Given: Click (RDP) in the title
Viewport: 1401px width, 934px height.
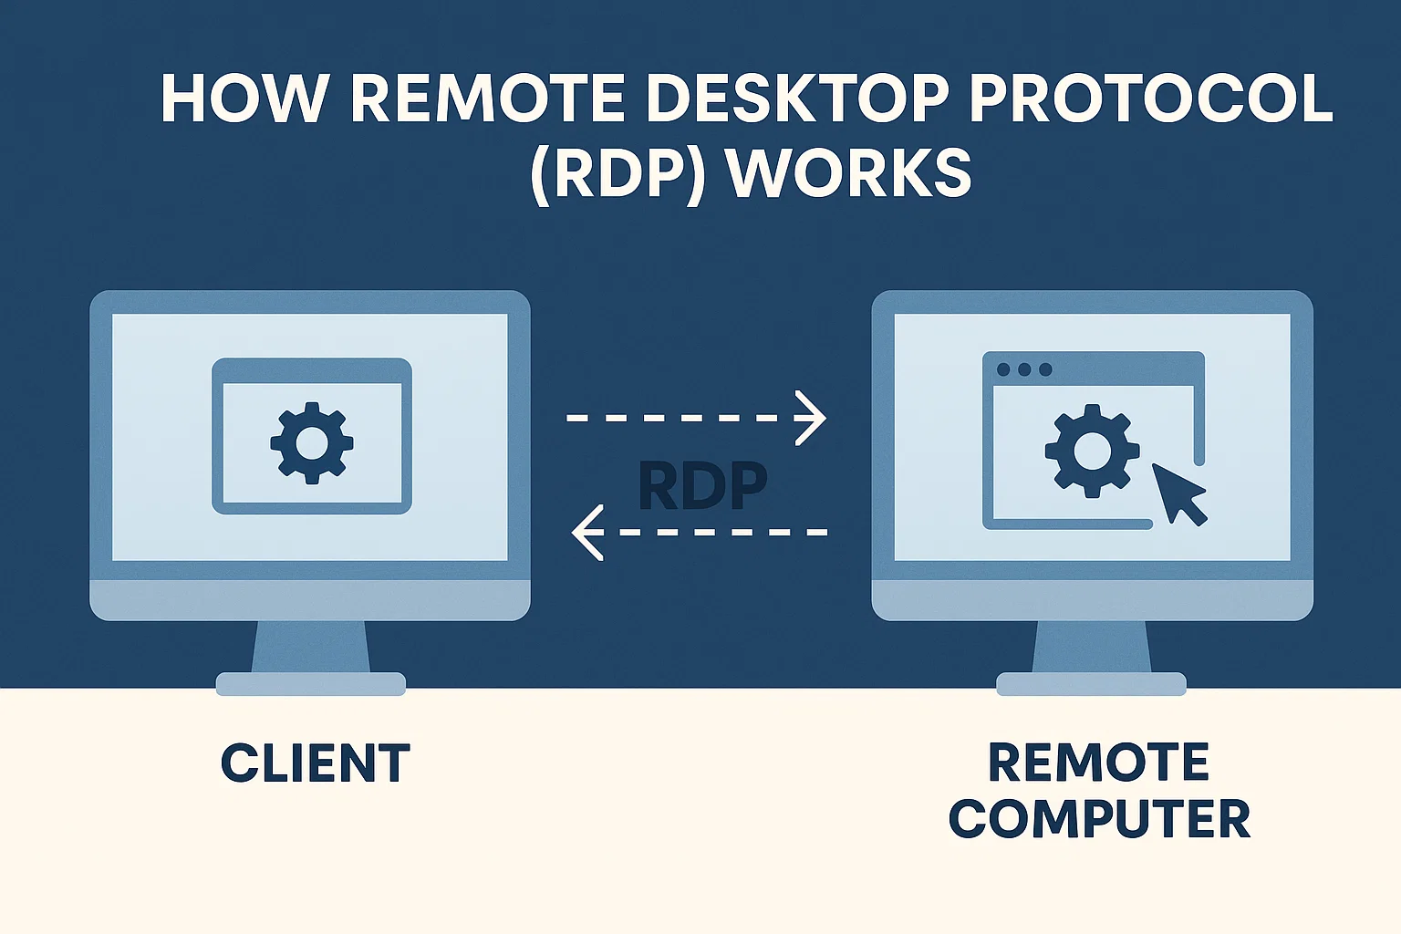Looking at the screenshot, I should (617, 173).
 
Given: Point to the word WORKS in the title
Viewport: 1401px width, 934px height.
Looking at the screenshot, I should (850, 173).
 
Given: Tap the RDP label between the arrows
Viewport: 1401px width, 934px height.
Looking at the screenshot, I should (702, 486).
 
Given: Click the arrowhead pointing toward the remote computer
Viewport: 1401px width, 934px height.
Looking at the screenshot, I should (811, 418).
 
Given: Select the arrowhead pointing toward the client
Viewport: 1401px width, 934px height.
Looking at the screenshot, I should (587, 532).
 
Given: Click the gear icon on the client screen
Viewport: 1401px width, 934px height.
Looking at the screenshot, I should (312, 443).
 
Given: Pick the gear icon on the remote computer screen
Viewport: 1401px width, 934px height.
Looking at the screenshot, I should (1092, 450).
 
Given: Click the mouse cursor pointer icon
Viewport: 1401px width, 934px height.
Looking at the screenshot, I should (1179, 493).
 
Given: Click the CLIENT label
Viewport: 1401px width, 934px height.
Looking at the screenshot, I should (316, 764).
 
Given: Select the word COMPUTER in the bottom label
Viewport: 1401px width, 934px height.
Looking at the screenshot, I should (1099, 819).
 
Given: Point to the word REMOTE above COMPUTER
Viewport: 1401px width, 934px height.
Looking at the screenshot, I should (1099, 763).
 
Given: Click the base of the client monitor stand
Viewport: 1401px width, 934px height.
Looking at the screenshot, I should (311, 684).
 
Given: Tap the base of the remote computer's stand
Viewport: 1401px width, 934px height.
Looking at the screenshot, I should (1091, 684).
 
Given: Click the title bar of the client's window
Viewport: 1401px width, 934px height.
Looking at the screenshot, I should (312, 370).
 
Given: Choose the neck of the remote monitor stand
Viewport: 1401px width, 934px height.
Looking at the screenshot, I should (1091, 647).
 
